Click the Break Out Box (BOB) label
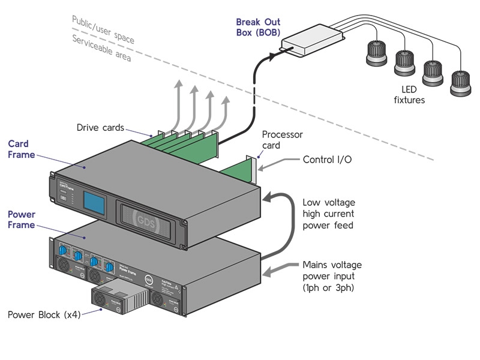point(258,28)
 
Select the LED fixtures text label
point(409,95)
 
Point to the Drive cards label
point(100,127)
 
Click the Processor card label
point(282,140)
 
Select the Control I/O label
point(327,160)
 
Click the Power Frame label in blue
point(21,220)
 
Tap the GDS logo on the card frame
point(145,218)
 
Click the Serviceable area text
point(101,49)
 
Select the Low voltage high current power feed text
point(328,214)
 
